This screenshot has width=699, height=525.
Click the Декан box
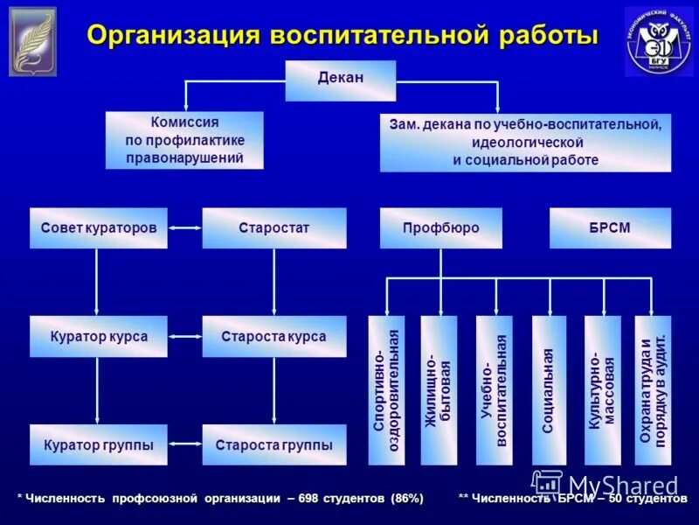pos(340,80)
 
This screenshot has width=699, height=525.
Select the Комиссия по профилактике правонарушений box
pos(183,140)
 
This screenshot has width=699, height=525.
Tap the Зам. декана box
pos(525,142)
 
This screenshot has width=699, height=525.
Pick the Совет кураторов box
pos(98,228)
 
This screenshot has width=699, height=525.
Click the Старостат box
pos(273,228)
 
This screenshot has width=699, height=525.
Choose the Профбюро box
pos(440,228)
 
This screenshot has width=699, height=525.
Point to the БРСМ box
pos(610,228)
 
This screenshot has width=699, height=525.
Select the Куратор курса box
pos(98,337)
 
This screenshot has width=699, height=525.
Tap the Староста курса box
pos(273,337)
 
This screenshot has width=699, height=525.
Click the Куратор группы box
pos(98,445)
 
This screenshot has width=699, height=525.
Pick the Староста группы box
pos(273,445)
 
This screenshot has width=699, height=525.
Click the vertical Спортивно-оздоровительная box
pos(386,390)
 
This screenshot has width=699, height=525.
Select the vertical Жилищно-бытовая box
pos(439,390)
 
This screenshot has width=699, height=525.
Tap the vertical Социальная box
pos(549,390)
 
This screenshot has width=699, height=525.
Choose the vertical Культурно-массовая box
pos(602,390)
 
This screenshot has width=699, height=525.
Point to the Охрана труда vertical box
pos(654,390)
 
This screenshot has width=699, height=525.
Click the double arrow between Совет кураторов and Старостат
pos(184,228)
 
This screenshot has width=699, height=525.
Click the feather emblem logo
pos(32,41)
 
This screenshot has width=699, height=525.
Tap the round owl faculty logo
pos(656,41)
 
